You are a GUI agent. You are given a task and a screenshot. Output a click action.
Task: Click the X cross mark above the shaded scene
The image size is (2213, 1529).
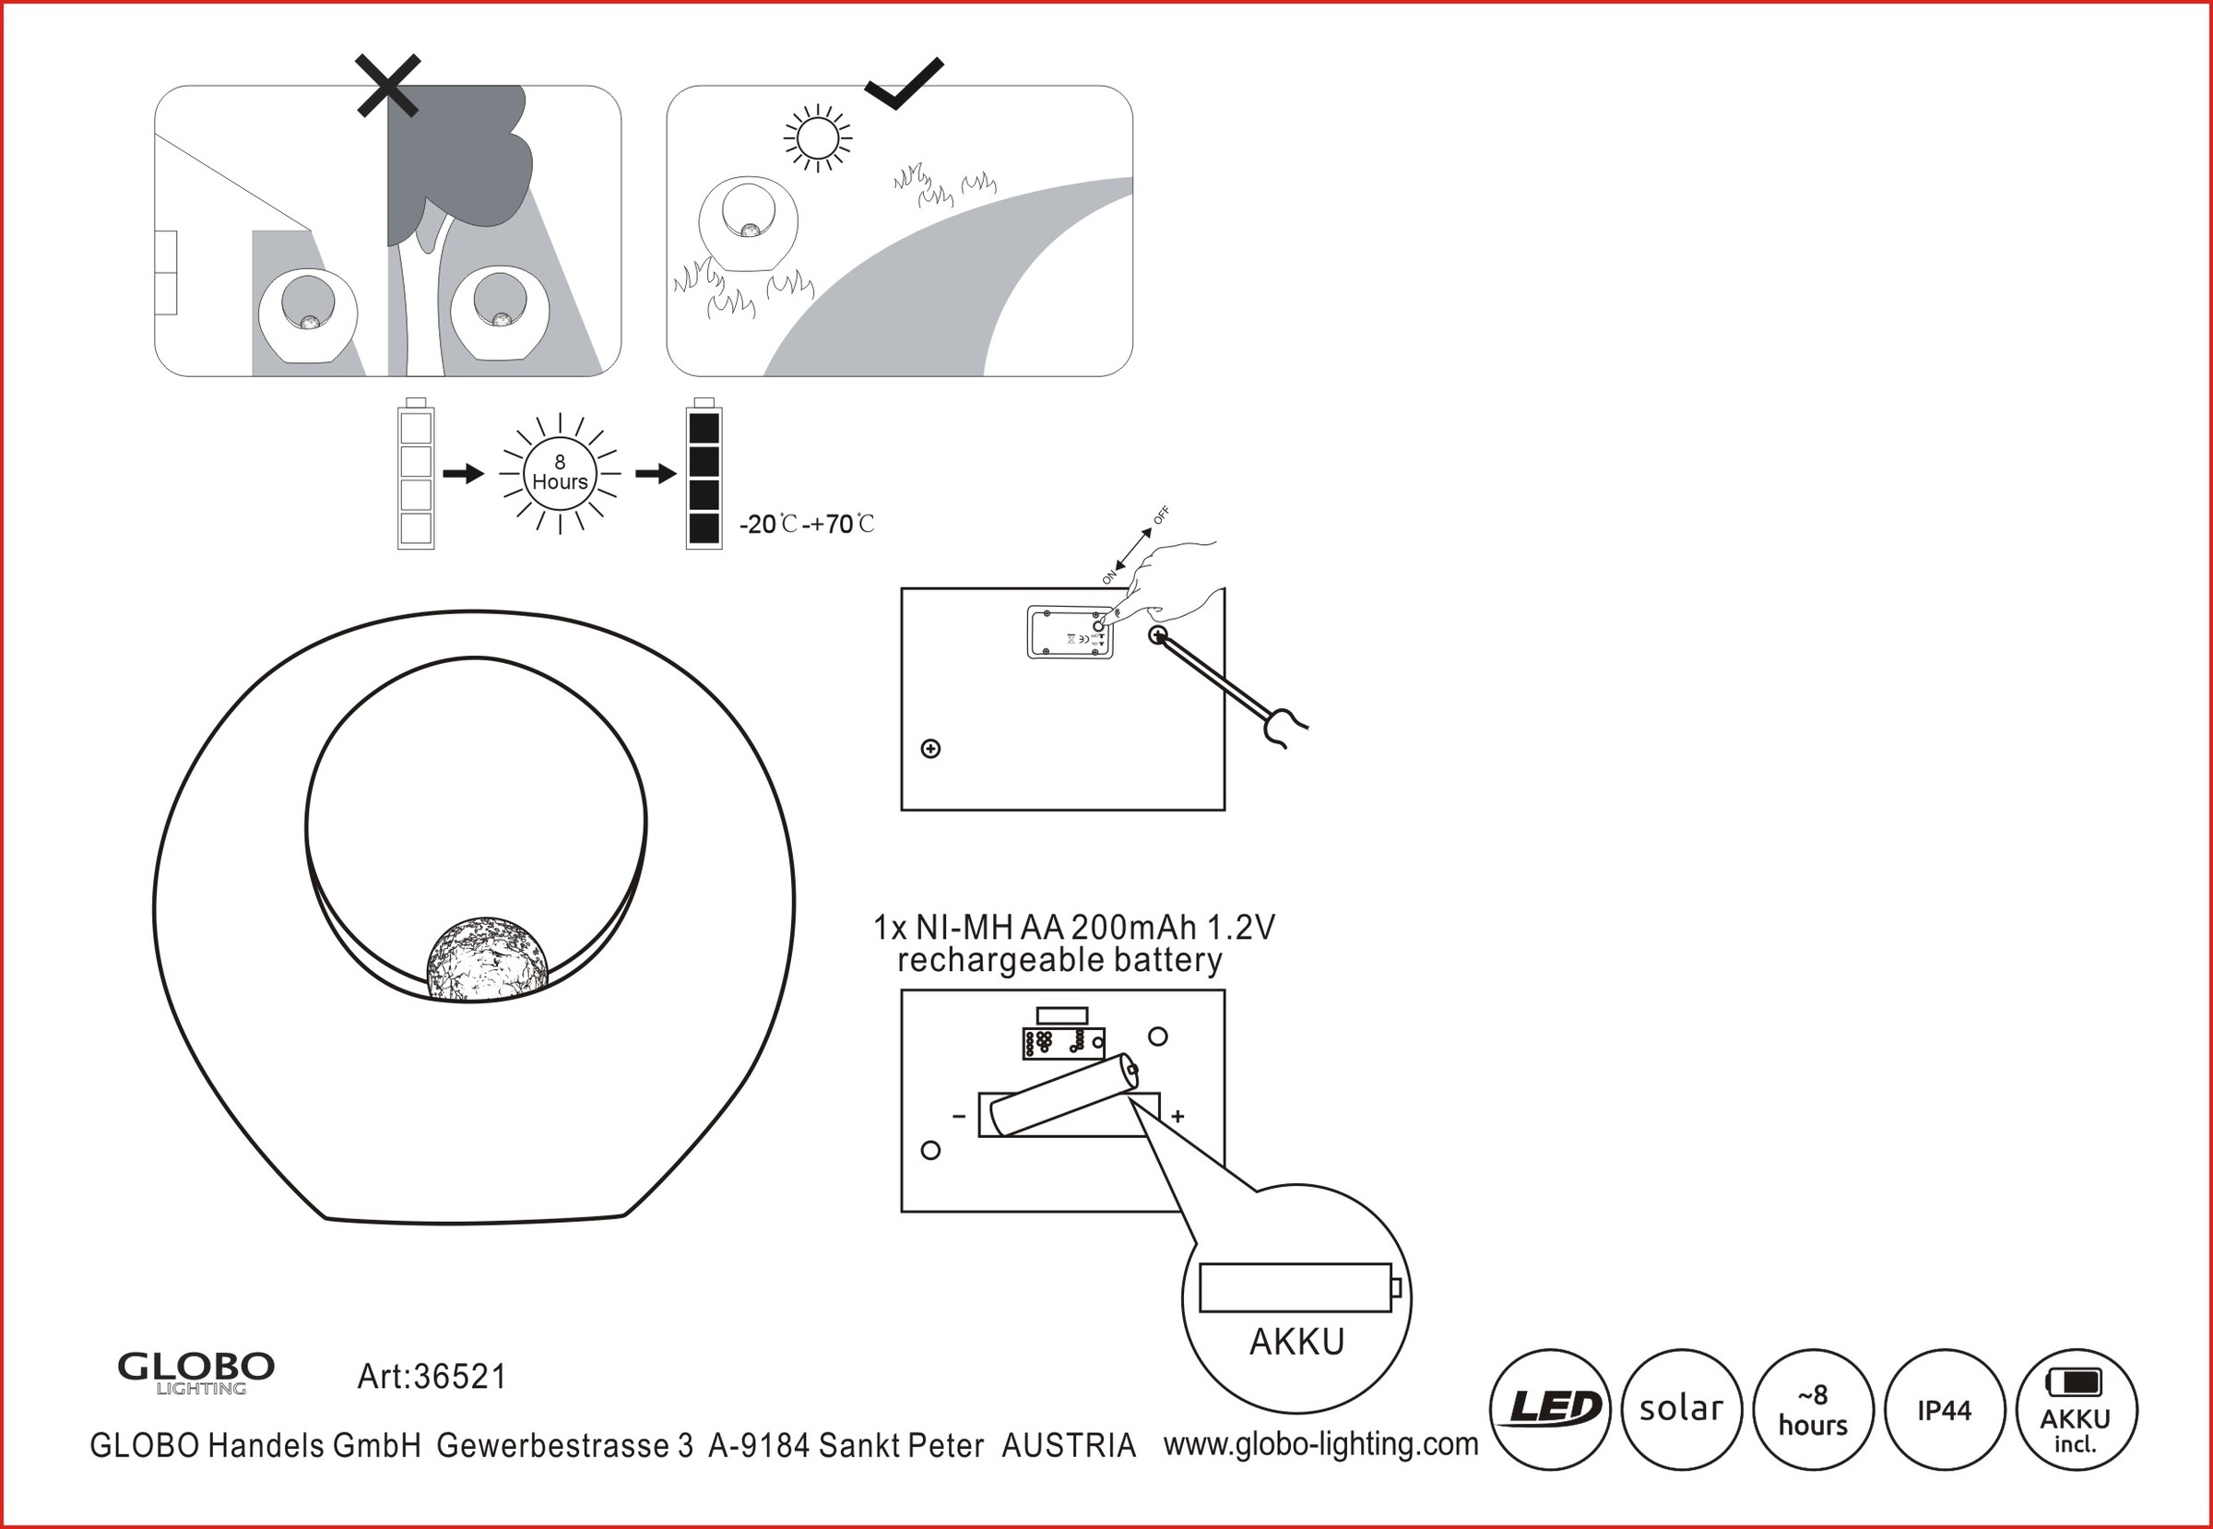[387, 86]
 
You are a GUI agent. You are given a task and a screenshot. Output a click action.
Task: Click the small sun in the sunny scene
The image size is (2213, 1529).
[817, 139]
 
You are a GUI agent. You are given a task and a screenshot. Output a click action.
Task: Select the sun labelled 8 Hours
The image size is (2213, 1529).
[560, 473]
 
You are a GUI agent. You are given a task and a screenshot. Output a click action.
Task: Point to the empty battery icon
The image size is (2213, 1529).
[416, 476]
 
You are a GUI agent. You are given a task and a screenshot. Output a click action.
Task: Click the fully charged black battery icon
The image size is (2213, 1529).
[704, 476]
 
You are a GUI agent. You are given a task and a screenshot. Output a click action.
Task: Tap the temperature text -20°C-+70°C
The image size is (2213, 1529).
[807, 525]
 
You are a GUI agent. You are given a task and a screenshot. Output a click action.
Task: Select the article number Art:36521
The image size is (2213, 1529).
[432, 1377]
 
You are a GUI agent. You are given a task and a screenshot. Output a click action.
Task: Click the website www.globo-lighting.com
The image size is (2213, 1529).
[1321, 1444]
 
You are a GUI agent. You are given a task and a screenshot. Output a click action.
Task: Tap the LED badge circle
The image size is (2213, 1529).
[1549, 1409]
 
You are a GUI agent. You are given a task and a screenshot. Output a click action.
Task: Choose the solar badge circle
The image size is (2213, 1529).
[1680, 1409]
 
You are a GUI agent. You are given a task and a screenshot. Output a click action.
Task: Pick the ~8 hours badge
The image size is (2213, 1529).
[1813, 1409]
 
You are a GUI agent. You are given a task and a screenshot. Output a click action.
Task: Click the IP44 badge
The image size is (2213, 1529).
[1944, 1409]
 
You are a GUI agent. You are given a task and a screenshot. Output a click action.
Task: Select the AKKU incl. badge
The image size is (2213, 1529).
[2076, 1409]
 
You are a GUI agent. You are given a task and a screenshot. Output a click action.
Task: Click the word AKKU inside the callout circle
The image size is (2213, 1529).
[1296, 1342]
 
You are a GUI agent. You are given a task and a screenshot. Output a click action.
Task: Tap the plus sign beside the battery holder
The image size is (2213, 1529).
[1178, 1116]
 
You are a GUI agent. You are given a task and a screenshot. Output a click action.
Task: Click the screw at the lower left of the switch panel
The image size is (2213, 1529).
[930, 748]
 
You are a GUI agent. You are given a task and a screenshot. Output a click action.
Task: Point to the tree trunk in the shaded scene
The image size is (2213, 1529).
[420, 306]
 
